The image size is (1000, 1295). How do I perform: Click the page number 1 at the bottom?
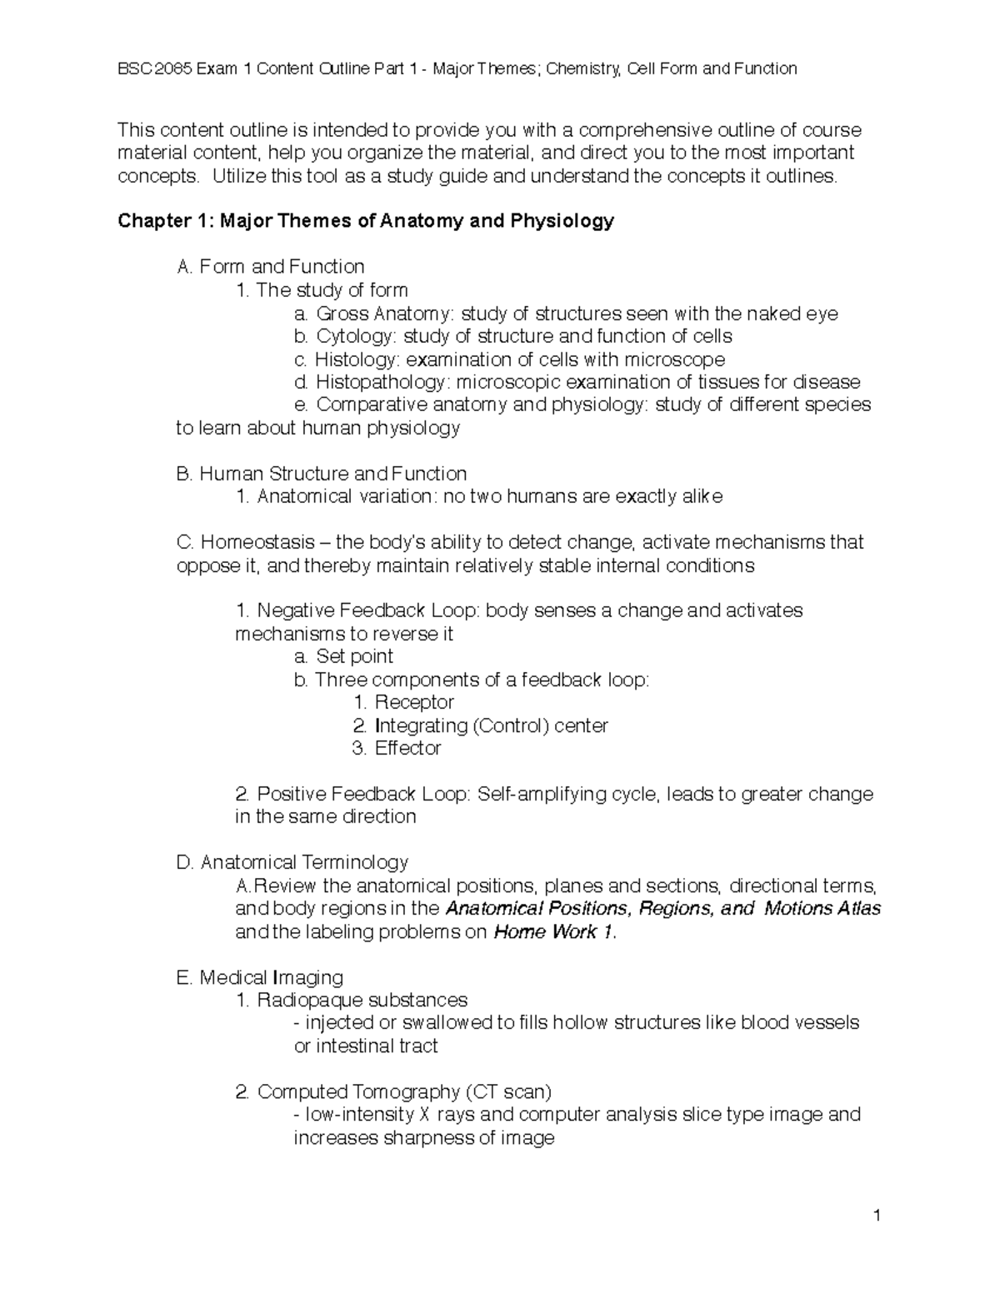877,1216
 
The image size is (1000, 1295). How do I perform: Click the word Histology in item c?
348,360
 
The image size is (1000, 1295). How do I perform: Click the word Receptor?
413,703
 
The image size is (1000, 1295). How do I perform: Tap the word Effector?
407,749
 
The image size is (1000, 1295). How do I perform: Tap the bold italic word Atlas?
858,909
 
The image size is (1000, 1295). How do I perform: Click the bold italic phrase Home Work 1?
555,932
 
